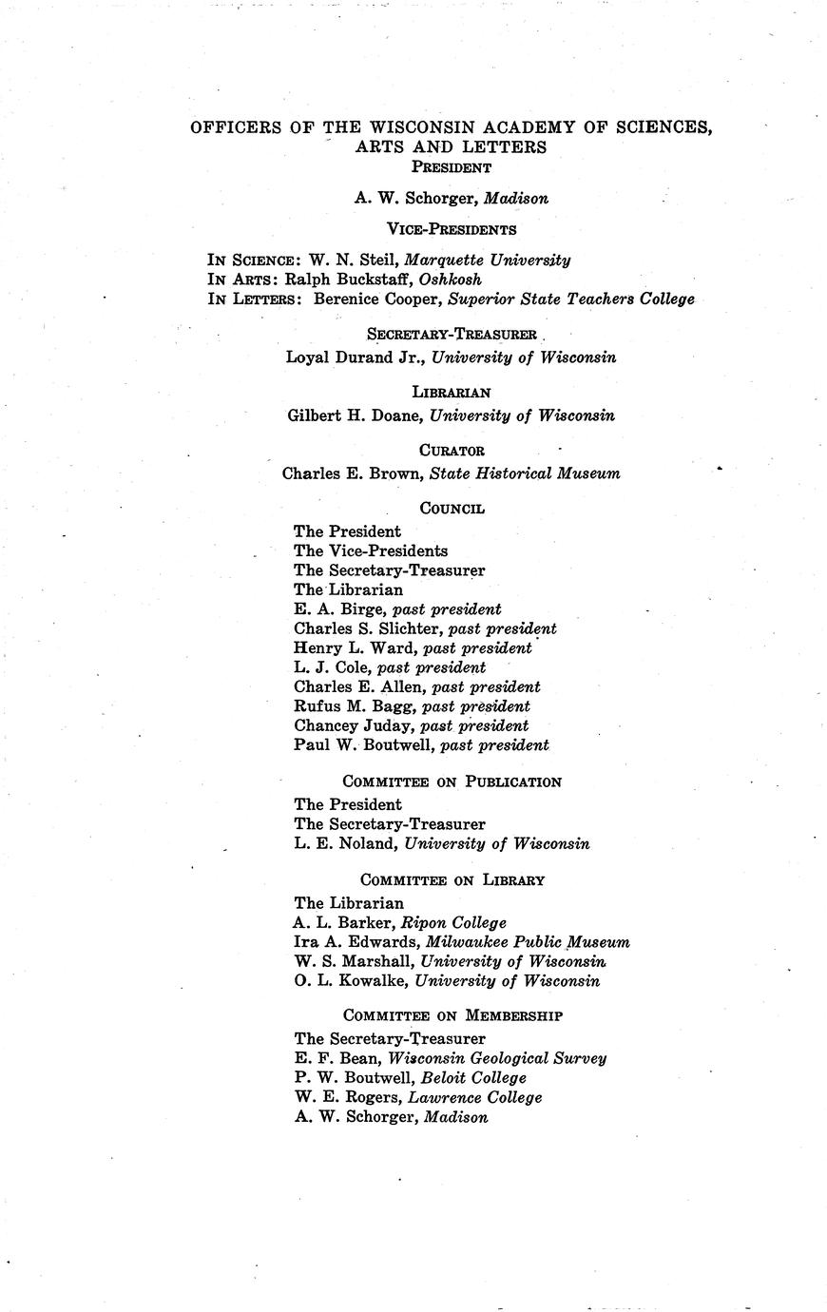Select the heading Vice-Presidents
coord(452,229)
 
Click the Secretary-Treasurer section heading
coord(452,335)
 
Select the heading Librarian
coord(452,392)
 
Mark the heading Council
coord(452,509)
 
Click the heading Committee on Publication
coord(452,781)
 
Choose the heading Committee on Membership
coord(452,1015)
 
